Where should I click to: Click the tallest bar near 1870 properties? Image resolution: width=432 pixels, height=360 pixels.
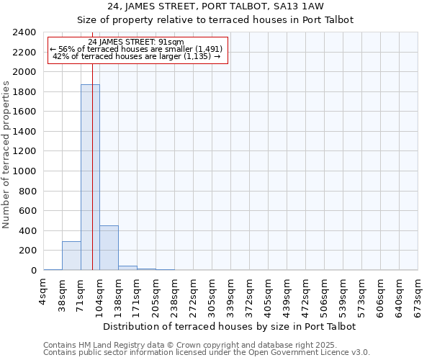90,177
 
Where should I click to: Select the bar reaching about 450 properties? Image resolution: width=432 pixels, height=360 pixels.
109,248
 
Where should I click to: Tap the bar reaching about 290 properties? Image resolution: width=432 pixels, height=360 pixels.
71,256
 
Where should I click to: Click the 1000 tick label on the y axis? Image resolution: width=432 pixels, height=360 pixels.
25,171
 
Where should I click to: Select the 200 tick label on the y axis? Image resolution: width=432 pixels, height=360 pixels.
28,251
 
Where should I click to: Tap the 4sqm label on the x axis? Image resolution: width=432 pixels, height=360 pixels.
44,289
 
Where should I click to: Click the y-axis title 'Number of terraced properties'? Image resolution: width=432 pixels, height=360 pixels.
6,154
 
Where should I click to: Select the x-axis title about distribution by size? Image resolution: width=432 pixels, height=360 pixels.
230,326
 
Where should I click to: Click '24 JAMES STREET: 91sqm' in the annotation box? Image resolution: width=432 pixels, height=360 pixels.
136,42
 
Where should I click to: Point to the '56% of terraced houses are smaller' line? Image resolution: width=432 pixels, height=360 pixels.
136,49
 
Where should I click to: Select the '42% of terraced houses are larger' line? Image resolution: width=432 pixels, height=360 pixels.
136,56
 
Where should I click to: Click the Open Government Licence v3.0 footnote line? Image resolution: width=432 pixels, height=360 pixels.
207,353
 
